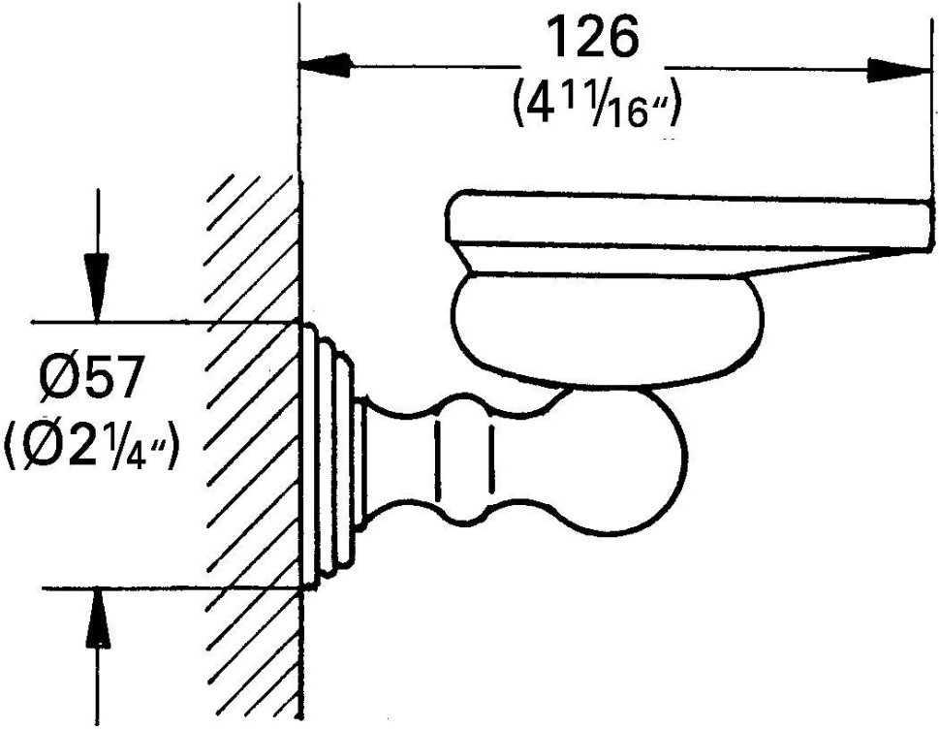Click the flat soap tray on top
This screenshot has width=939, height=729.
tap(689, 235)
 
